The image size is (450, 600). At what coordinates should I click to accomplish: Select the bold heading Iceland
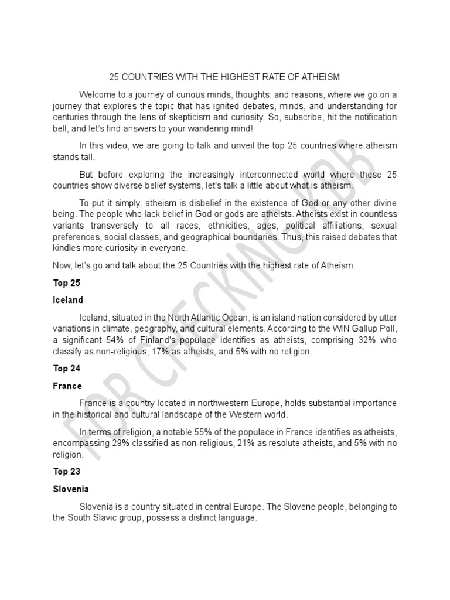[68, 300]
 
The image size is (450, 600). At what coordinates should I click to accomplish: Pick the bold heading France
[67, 386]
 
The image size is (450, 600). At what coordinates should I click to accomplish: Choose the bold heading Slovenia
[71, 489]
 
